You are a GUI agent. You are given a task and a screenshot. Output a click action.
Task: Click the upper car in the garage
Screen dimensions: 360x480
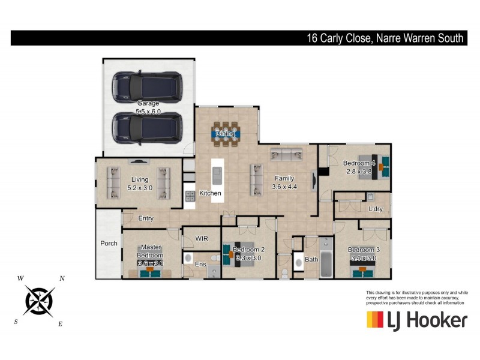(148, 86)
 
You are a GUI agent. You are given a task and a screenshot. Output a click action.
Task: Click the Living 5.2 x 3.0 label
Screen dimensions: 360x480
(139, 183)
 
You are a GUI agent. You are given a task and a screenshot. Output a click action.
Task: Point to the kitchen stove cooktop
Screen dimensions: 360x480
(190, 196)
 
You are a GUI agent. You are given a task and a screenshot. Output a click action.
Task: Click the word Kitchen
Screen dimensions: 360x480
(210, 194)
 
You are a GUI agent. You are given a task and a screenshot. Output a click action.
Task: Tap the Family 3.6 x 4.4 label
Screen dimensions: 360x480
(284, 182)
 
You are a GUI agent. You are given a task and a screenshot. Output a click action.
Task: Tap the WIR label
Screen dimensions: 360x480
(202, 238)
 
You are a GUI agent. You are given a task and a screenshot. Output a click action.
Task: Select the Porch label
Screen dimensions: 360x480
(109, 244)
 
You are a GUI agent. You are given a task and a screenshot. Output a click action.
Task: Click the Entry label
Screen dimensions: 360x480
(146, 218)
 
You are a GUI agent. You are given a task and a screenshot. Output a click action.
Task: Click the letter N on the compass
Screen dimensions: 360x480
(62, 279)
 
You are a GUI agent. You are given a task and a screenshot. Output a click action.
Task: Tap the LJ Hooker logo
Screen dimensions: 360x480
(416, 319)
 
